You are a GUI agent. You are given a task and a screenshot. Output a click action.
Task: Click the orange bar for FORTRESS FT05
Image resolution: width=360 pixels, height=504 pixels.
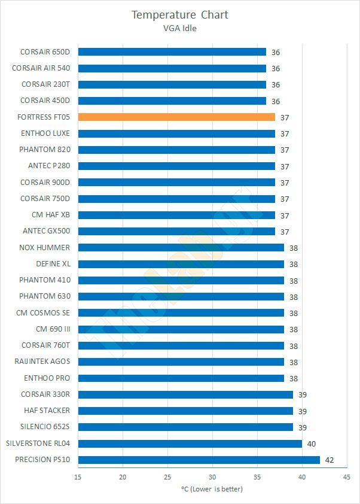[x=176, y=117]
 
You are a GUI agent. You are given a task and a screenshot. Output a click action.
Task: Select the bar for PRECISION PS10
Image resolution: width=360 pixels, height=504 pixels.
[x=199, y=460]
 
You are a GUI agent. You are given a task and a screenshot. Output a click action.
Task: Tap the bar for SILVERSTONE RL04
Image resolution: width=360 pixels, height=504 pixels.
[x=190, y=444]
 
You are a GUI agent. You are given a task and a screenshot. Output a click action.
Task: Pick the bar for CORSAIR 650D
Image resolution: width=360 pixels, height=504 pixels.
[x=172, y=52]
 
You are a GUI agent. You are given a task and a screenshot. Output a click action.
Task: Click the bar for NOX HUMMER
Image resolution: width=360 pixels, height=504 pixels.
[x=181, y=248]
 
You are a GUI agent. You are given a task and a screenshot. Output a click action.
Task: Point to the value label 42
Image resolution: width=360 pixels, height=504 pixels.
[x=330, y=460]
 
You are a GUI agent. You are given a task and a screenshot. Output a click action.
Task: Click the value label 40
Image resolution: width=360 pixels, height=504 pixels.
[x=312, y=444]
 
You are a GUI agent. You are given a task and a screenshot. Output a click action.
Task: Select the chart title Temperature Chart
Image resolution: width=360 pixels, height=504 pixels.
[x=180, y=14]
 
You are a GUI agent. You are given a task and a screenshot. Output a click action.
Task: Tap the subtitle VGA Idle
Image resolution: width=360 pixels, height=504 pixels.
[x=180, y=28]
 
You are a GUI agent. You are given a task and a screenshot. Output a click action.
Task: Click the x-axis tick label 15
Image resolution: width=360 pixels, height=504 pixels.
[x=78, y=476]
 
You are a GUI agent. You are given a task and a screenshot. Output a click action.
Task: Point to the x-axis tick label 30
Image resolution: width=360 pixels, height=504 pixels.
[x=212, y=476]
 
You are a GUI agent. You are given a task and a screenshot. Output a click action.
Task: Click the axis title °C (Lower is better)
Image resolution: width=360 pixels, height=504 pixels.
[x=212, y=489]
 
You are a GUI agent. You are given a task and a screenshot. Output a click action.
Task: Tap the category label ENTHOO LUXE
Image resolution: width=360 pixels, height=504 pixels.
[x=45, y=133]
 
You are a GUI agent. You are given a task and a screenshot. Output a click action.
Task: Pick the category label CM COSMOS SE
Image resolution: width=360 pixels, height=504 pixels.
[x=43, y=312]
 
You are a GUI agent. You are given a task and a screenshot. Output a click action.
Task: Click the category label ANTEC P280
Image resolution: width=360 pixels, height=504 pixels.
[x=49, y=166]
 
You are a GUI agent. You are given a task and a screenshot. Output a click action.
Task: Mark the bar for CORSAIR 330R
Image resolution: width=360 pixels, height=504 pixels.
[x=185, y=394]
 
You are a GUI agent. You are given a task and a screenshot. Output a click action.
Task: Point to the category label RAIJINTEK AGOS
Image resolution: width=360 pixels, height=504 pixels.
[x=42, y=362]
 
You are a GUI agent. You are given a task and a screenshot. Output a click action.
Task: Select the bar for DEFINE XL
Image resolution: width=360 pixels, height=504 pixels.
[x=181, y=264]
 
